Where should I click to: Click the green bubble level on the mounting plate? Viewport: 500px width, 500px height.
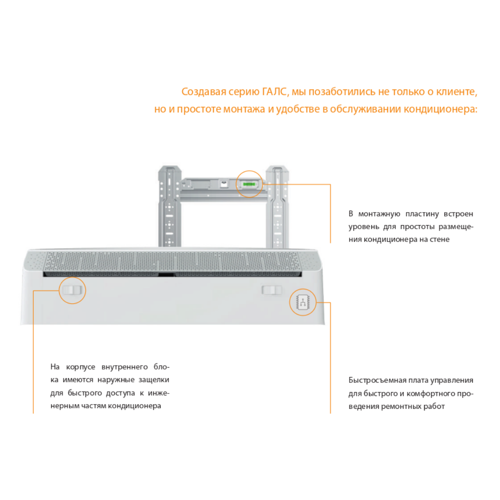[x=249, y=184]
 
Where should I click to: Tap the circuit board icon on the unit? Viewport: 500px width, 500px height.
[x=303, y=302]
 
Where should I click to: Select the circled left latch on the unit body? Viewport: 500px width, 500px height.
[x=72, y=290]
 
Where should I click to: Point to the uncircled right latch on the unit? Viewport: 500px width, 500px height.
[x=272, y=290]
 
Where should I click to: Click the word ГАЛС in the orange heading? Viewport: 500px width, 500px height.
[x=275, y=92]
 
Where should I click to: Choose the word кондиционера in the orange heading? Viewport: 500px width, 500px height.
[x=440, y=109]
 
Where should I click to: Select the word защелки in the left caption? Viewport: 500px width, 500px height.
[x=154, y=380]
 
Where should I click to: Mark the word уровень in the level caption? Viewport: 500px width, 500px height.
[x=363, y=227]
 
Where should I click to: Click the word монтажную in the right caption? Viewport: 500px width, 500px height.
[x=379, y=213]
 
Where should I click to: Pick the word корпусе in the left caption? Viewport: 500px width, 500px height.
[x=81, y=367]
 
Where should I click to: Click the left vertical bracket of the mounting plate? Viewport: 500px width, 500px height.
[x=169, y=206]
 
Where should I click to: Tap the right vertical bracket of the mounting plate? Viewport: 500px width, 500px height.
[x=277, y=206]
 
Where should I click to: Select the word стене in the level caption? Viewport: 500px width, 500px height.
[x=440, y=239]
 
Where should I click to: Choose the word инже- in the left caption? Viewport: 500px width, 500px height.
[x=158, y=393]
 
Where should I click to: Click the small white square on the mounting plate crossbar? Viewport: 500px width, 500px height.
[x=224, y=184]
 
